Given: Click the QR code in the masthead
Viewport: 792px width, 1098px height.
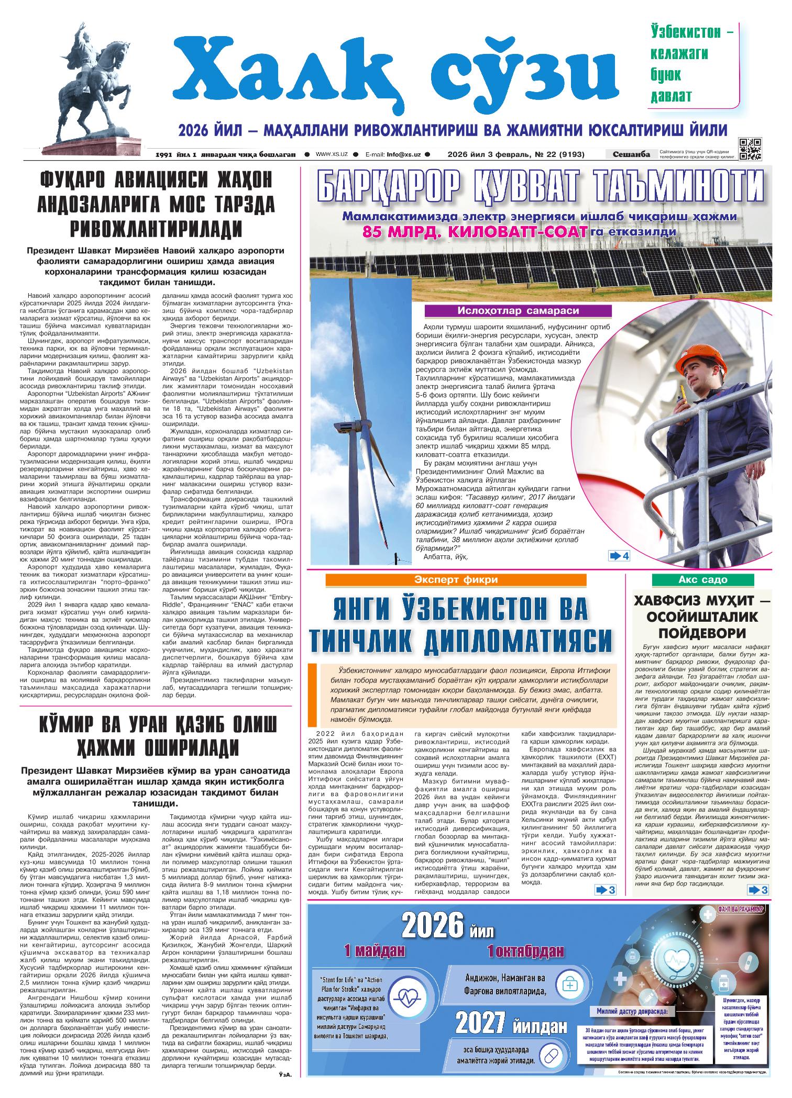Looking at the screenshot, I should [750, 149].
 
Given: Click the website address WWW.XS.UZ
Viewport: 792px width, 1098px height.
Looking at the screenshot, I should [332, 154].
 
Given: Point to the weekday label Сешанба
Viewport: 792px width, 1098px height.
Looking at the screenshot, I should [632, 154].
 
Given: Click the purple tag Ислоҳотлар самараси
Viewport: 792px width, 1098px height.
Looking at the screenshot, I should [518, 311].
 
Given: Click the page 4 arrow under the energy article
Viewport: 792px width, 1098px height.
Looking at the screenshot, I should [619, 556].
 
